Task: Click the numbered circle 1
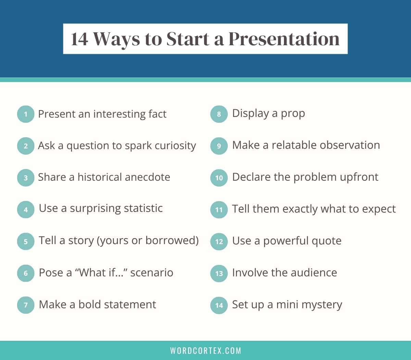26,114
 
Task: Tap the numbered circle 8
219,114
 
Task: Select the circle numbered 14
219,305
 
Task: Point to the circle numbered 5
26,241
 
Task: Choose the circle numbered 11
219,210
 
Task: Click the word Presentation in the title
284,39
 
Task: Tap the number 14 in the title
79,39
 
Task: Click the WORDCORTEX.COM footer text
206,350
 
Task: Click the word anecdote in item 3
147,177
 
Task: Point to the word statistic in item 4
143,208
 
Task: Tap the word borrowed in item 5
171,240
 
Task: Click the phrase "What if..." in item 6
101,273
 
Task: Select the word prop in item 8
293,114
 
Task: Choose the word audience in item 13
314,273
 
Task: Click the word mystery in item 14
322,305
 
